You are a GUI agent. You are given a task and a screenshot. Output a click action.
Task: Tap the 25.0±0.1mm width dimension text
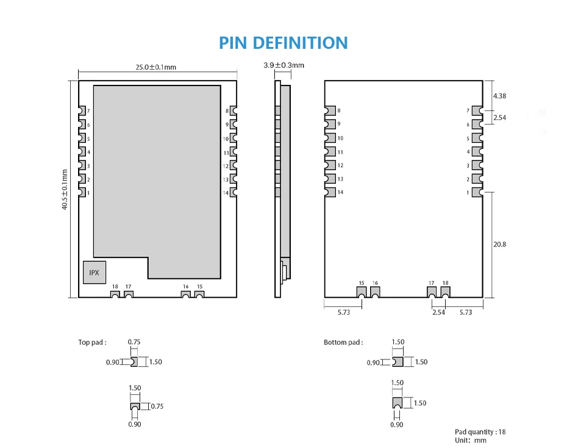(155, 67)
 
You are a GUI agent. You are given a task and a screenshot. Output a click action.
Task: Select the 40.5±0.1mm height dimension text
(65, 190)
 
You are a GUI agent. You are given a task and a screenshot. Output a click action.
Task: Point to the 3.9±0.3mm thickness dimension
(283, 65)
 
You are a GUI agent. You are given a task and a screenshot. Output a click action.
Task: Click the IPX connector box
(94, 272)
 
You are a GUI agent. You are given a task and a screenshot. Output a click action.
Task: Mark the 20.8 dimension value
(499, 244)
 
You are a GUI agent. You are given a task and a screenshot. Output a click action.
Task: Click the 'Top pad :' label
(92, 342)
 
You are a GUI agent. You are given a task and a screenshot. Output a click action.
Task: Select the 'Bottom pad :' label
(343, 342)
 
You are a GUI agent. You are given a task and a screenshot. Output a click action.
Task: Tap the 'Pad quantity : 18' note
(480, 432)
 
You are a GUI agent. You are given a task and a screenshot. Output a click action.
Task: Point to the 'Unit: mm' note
(471, 440)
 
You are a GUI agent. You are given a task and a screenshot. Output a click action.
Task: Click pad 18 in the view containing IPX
(115, 295)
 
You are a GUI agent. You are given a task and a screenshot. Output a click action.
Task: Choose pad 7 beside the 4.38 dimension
(477, 110)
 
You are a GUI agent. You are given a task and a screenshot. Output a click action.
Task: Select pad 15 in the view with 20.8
(362, 292)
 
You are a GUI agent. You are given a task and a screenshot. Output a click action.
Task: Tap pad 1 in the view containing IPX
(82, 193)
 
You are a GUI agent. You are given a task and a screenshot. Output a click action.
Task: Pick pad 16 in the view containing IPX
(185, 295)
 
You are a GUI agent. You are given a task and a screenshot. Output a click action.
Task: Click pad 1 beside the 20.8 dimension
(477, 192)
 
